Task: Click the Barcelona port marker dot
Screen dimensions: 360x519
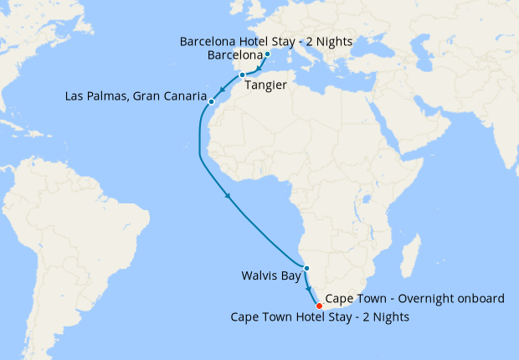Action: pos(267,55)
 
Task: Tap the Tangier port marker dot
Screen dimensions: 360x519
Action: pos(242,75)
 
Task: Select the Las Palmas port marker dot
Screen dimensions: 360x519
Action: pos(212,102)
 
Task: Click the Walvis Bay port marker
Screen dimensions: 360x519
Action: pos(306,268)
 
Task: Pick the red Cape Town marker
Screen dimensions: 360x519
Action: pos(318,306)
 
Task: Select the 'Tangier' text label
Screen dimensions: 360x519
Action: pos(265,85)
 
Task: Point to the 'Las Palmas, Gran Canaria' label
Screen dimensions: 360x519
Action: pos(136,96)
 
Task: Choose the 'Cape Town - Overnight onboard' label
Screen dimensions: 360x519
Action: pos(415,299)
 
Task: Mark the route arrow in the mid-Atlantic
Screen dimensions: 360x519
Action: pos(228,197)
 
